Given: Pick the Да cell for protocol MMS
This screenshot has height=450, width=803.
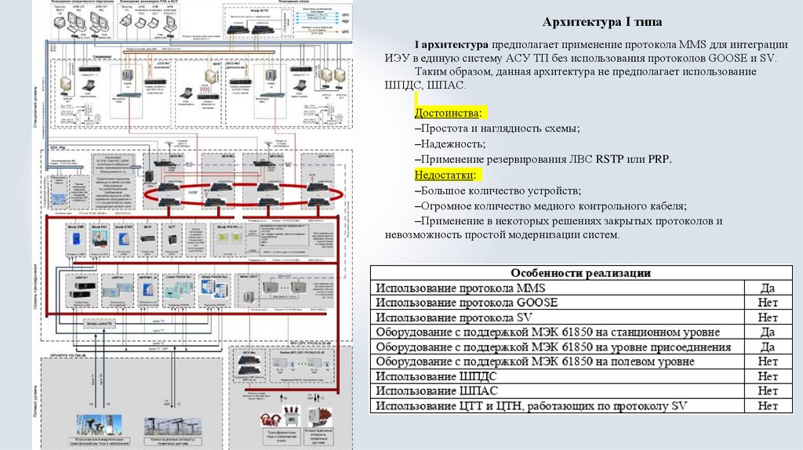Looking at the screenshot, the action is click(768, 288).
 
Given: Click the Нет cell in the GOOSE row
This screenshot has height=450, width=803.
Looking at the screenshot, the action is click(768, 303).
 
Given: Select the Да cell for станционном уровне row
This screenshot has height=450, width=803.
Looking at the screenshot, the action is click(768, 332).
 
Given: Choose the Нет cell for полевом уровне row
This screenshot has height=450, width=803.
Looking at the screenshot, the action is click(768, 362).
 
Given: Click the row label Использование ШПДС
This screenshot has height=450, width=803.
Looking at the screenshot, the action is click(435, 377).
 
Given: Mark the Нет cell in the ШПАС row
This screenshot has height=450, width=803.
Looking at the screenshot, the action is click(768, 391).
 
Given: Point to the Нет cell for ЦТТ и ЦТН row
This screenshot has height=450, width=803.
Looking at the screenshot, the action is click(768, 406).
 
